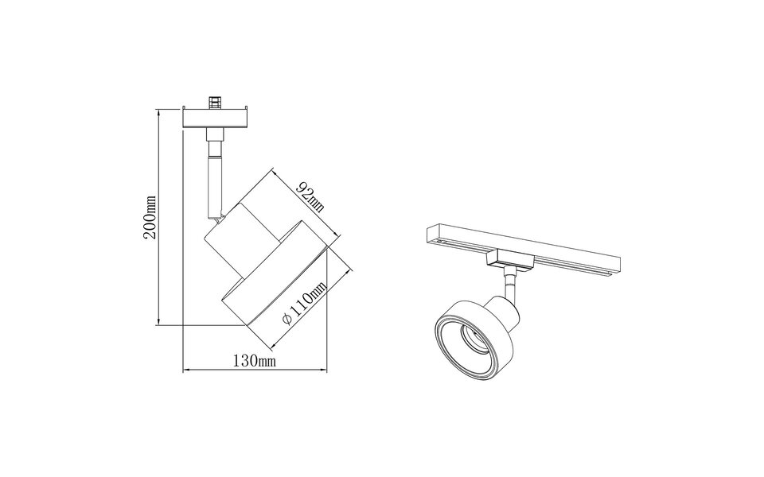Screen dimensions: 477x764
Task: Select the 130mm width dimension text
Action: pos(255,362)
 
